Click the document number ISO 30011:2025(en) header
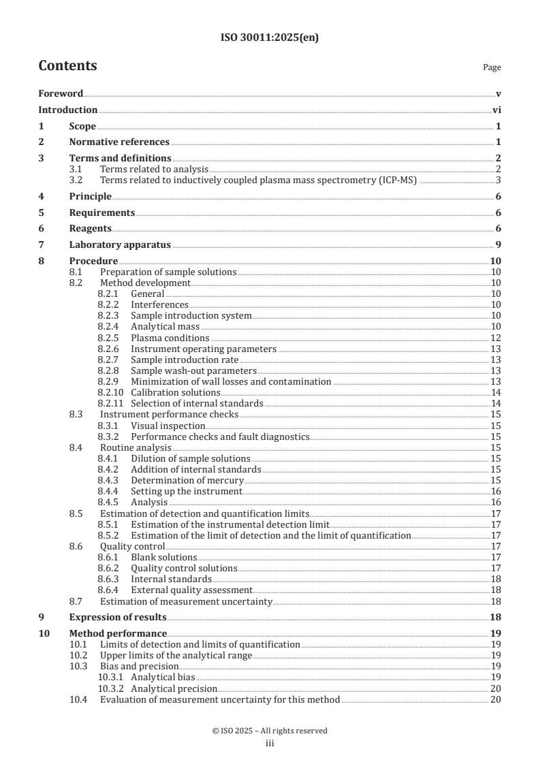pyautogui.click(x=270, y=38)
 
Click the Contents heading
pyautogui.click(x=67, y=66)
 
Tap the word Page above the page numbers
pyautogui.click(x=492, y=67)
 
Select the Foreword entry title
pyautogui.click(x=61, y=93)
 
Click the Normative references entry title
pyautogui.click(x=119, y=142)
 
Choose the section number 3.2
pyautogui.click(x=76, y=180)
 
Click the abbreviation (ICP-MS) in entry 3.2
pyautogui.click(x=398, y=180)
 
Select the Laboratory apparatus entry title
pyautogui.click(x=120, y=245)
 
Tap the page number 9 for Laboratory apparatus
pyautogui.click(x=498, y=245)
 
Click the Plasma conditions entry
pyautogui.click(x=170, y=338)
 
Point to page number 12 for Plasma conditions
pyautogui.click(x=496, y=338)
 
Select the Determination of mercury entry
pyautogui.click(x=182, y=480)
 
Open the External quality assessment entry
pyautogui.click(x=191, y=590)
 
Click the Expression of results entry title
pyautogui.click(x=118, y=618)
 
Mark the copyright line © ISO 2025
pyautogui.click(x=270, y=731)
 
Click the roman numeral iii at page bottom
pyautogui.click(x=270, y=744)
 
